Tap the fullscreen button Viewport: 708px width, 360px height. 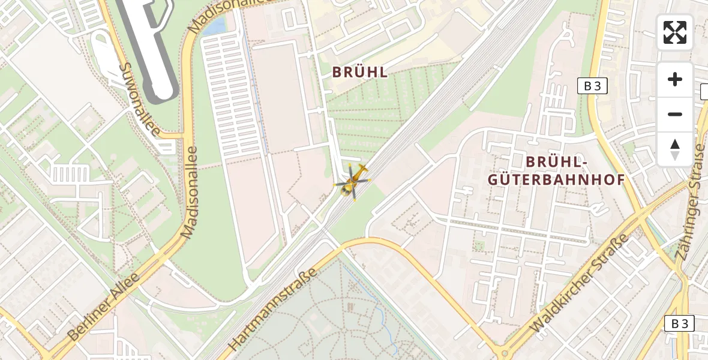coord(675,32)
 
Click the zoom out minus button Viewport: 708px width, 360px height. coord(675,114)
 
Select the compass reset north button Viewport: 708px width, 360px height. coord(675,149)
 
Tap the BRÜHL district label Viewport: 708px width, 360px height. coord(360,73)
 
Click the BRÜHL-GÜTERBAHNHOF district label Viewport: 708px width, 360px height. coord(557,170)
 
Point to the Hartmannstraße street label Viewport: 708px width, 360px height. coord(272,311)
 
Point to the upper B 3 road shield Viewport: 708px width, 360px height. coord(592,86)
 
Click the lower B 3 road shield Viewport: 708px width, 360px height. coord(679,323)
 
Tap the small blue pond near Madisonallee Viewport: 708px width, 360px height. coord(215,26)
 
